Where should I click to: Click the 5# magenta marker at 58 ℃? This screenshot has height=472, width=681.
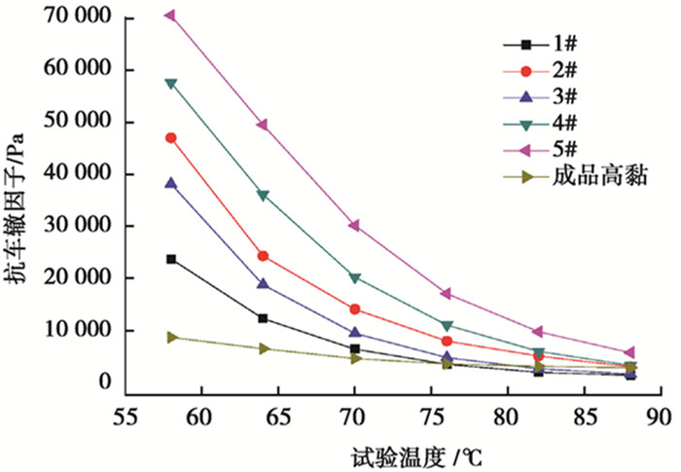tap(170, 16)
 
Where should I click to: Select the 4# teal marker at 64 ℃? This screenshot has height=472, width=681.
tap(263, 196)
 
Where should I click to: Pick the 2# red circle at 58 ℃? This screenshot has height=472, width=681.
tap(171, 138)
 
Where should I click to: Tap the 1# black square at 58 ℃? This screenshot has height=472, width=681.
tap(171, 259)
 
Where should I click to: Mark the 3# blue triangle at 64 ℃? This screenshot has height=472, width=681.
tap(263, 284)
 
